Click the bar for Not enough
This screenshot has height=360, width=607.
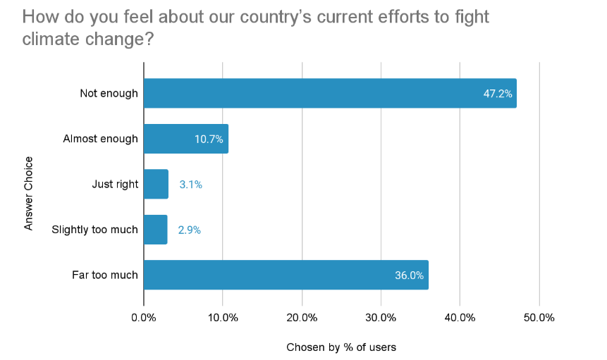(x=330, y=93)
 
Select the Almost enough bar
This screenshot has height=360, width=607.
(x=186, y=139)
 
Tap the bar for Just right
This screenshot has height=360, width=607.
(x=156, y=185)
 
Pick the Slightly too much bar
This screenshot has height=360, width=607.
(x=155, y=230)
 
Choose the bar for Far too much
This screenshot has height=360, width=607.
(x=286, y=275)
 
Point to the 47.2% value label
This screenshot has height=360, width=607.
(x=498, y=94)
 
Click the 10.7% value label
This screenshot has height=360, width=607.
(x=209, y=139)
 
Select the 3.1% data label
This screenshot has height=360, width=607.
(x=190, y=185)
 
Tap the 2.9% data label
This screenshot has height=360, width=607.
(x=189, y=230)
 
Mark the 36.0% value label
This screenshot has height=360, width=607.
(x=410, y=275)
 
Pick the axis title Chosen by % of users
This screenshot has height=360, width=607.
(x=341, y=347)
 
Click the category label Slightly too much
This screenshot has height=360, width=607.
(x=94, y=230)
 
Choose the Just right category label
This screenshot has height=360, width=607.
(x=115, y=185)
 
